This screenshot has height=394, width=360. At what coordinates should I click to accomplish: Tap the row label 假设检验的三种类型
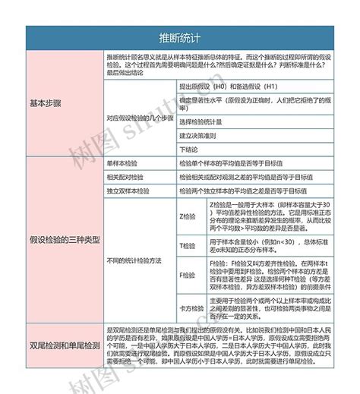[65, 240]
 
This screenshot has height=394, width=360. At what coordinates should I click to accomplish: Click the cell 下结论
[188, 147]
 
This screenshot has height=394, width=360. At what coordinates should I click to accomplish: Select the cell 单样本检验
[124, 163]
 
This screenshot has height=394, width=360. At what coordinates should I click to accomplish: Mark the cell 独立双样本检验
[128, 190]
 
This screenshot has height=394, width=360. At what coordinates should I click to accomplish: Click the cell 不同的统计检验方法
[134, 260]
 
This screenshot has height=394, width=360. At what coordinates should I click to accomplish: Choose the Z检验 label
[188, 216]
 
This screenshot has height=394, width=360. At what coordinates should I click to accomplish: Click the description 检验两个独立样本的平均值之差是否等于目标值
[243, 190]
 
